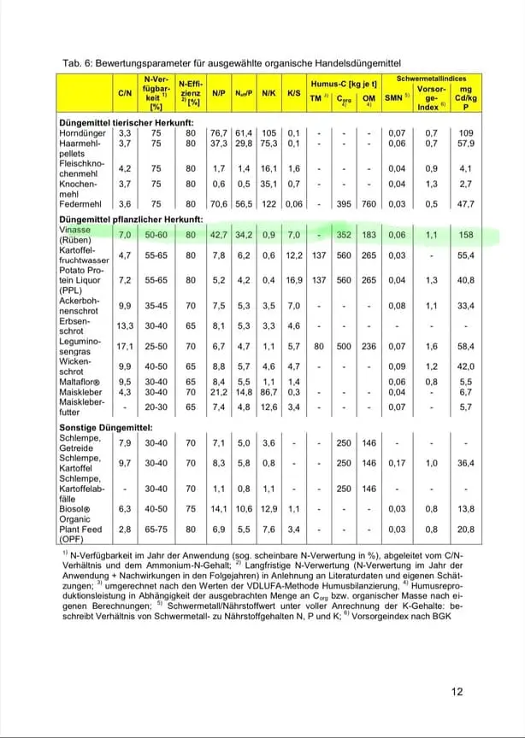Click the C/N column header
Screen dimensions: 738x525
coord(124,92)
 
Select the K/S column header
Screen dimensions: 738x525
coord(294,92)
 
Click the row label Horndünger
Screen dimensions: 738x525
coord(82,133)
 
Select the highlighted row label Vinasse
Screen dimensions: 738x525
coord(75,234)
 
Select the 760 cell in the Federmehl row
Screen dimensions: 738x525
coord(369,204)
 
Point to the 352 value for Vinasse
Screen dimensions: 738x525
coord(345,234)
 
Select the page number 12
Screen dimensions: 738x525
coord(457,692)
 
